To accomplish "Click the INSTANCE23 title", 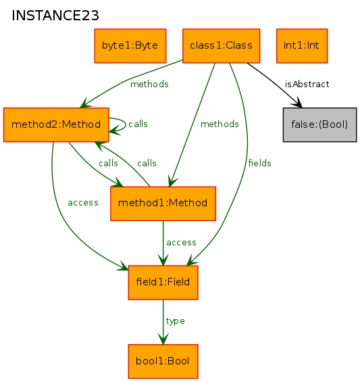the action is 55,16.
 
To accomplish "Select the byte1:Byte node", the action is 130,46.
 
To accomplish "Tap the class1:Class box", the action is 222,46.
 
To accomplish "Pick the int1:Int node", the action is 302,46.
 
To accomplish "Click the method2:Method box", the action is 56,124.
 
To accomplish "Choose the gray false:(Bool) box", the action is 320,124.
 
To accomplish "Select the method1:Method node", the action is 163,204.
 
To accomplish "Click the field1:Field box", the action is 163,283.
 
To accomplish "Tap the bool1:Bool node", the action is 163,362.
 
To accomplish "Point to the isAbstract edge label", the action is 307,85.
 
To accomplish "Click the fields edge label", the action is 260,163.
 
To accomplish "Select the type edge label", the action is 175,321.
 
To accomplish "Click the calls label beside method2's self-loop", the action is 138,124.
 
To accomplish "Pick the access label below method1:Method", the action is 181,243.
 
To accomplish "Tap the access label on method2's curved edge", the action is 83,203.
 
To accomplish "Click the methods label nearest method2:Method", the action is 149,85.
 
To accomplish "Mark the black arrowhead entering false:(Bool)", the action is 297,102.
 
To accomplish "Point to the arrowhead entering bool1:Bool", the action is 163,339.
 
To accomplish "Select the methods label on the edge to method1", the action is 220,124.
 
